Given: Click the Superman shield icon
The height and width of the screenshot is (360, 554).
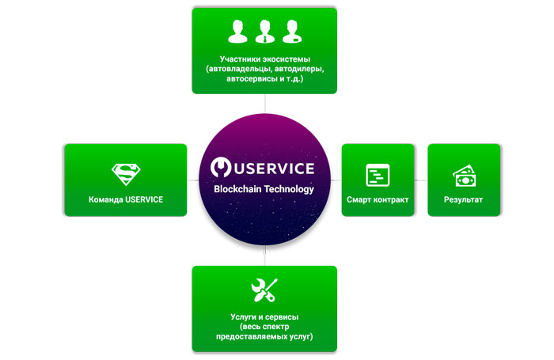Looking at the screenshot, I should tap(125, 173).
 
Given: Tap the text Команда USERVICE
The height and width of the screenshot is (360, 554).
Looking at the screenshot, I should tap(126, 199).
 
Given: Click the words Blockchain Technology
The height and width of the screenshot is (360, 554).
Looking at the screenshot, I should tap(264, 190).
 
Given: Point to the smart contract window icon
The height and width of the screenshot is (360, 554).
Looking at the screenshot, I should tap(378, 175).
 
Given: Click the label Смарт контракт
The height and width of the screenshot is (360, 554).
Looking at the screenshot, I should tap(378, 199).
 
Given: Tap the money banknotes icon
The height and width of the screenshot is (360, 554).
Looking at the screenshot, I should tap(463, 174).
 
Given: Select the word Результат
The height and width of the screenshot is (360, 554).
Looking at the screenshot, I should tap(463, 199).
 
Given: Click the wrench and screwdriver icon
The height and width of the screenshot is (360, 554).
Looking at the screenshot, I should tap(264, 290).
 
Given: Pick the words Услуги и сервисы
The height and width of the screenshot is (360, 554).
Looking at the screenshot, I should tap(264, 317).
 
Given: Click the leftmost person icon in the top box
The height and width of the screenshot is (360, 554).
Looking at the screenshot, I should tap(237, 31).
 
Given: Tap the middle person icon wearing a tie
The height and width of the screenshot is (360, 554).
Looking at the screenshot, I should tap(264, 31).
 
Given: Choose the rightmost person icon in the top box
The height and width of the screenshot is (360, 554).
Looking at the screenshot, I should tap(291, 31).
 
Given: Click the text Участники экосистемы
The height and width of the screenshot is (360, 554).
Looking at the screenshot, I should tap(264, 59).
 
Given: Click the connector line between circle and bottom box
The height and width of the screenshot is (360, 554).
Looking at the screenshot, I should tap(264, 256).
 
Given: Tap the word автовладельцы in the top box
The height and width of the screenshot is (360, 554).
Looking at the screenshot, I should tap(234, 70).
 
